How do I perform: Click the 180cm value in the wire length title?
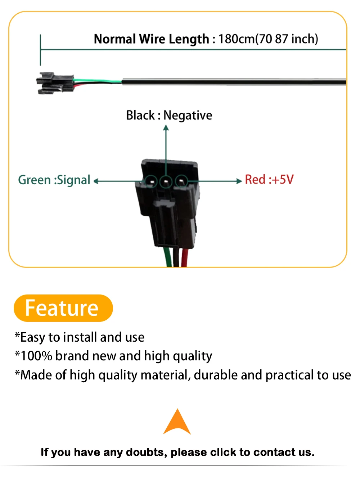pos(236,39)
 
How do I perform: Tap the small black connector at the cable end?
pos(54,83)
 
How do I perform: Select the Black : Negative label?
pos(169,115)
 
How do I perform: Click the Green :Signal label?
pos(54,180)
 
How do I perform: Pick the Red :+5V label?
pos(269,179)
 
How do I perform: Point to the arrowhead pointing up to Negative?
pos(166,127)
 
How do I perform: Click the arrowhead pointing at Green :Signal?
pos(96,181)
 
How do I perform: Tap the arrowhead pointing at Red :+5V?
pos(239,181)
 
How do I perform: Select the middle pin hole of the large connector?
pos(166,181)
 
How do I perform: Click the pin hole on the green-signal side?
pos(151,181)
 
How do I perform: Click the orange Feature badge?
pos(63,308)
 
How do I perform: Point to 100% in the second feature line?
pos(36,356)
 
